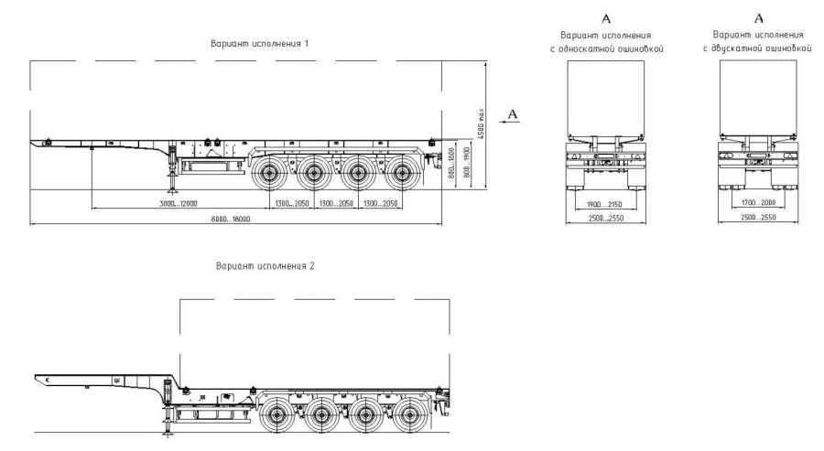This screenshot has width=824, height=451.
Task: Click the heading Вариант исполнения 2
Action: (265, 266)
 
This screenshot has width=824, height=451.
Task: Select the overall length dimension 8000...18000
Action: (229, 220)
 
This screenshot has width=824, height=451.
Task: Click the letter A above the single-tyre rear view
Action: (604, 17)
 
